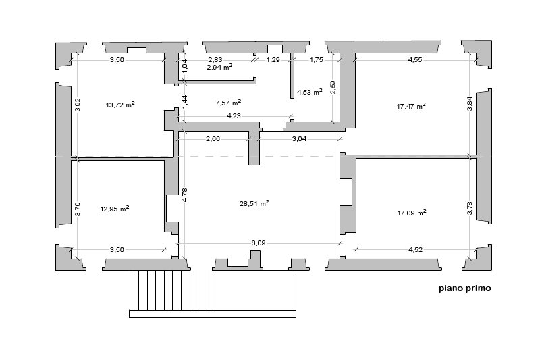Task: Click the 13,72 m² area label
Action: tap(120, 105)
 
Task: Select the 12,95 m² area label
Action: tap(115, 209)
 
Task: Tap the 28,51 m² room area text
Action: tap(254, 203)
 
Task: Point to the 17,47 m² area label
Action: tap(411, 106)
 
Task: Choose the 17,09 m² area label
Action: tap(412, 213)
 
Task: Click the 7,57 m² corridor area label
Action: tap(228, 103)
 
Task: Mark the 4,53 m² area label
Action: tap(310, 92)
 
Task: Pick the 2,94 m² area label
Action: tap(219, 67)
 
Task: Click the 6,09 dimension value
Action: tap(259, 243)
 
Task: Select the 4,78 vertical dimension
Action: tap(185, 195)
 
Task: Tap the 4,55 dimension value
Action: tap(415, 59)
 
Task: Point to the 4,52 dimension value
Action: tap(415, 249)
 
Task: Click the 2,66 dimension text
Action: tap(213, 139)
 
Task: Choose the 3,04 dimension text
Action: tap(299, 139)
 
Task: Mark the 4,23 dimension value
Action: tap(234, 115)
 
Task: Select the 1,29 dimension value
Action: tap(273, 59)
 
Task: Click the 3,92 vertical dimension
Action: tap(78, 105)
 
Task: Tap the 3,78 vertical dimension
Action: tap(470, 208)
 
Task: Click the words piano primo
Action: tap(465, 288)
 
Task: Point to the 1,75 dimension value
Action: tap(317, 59)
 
